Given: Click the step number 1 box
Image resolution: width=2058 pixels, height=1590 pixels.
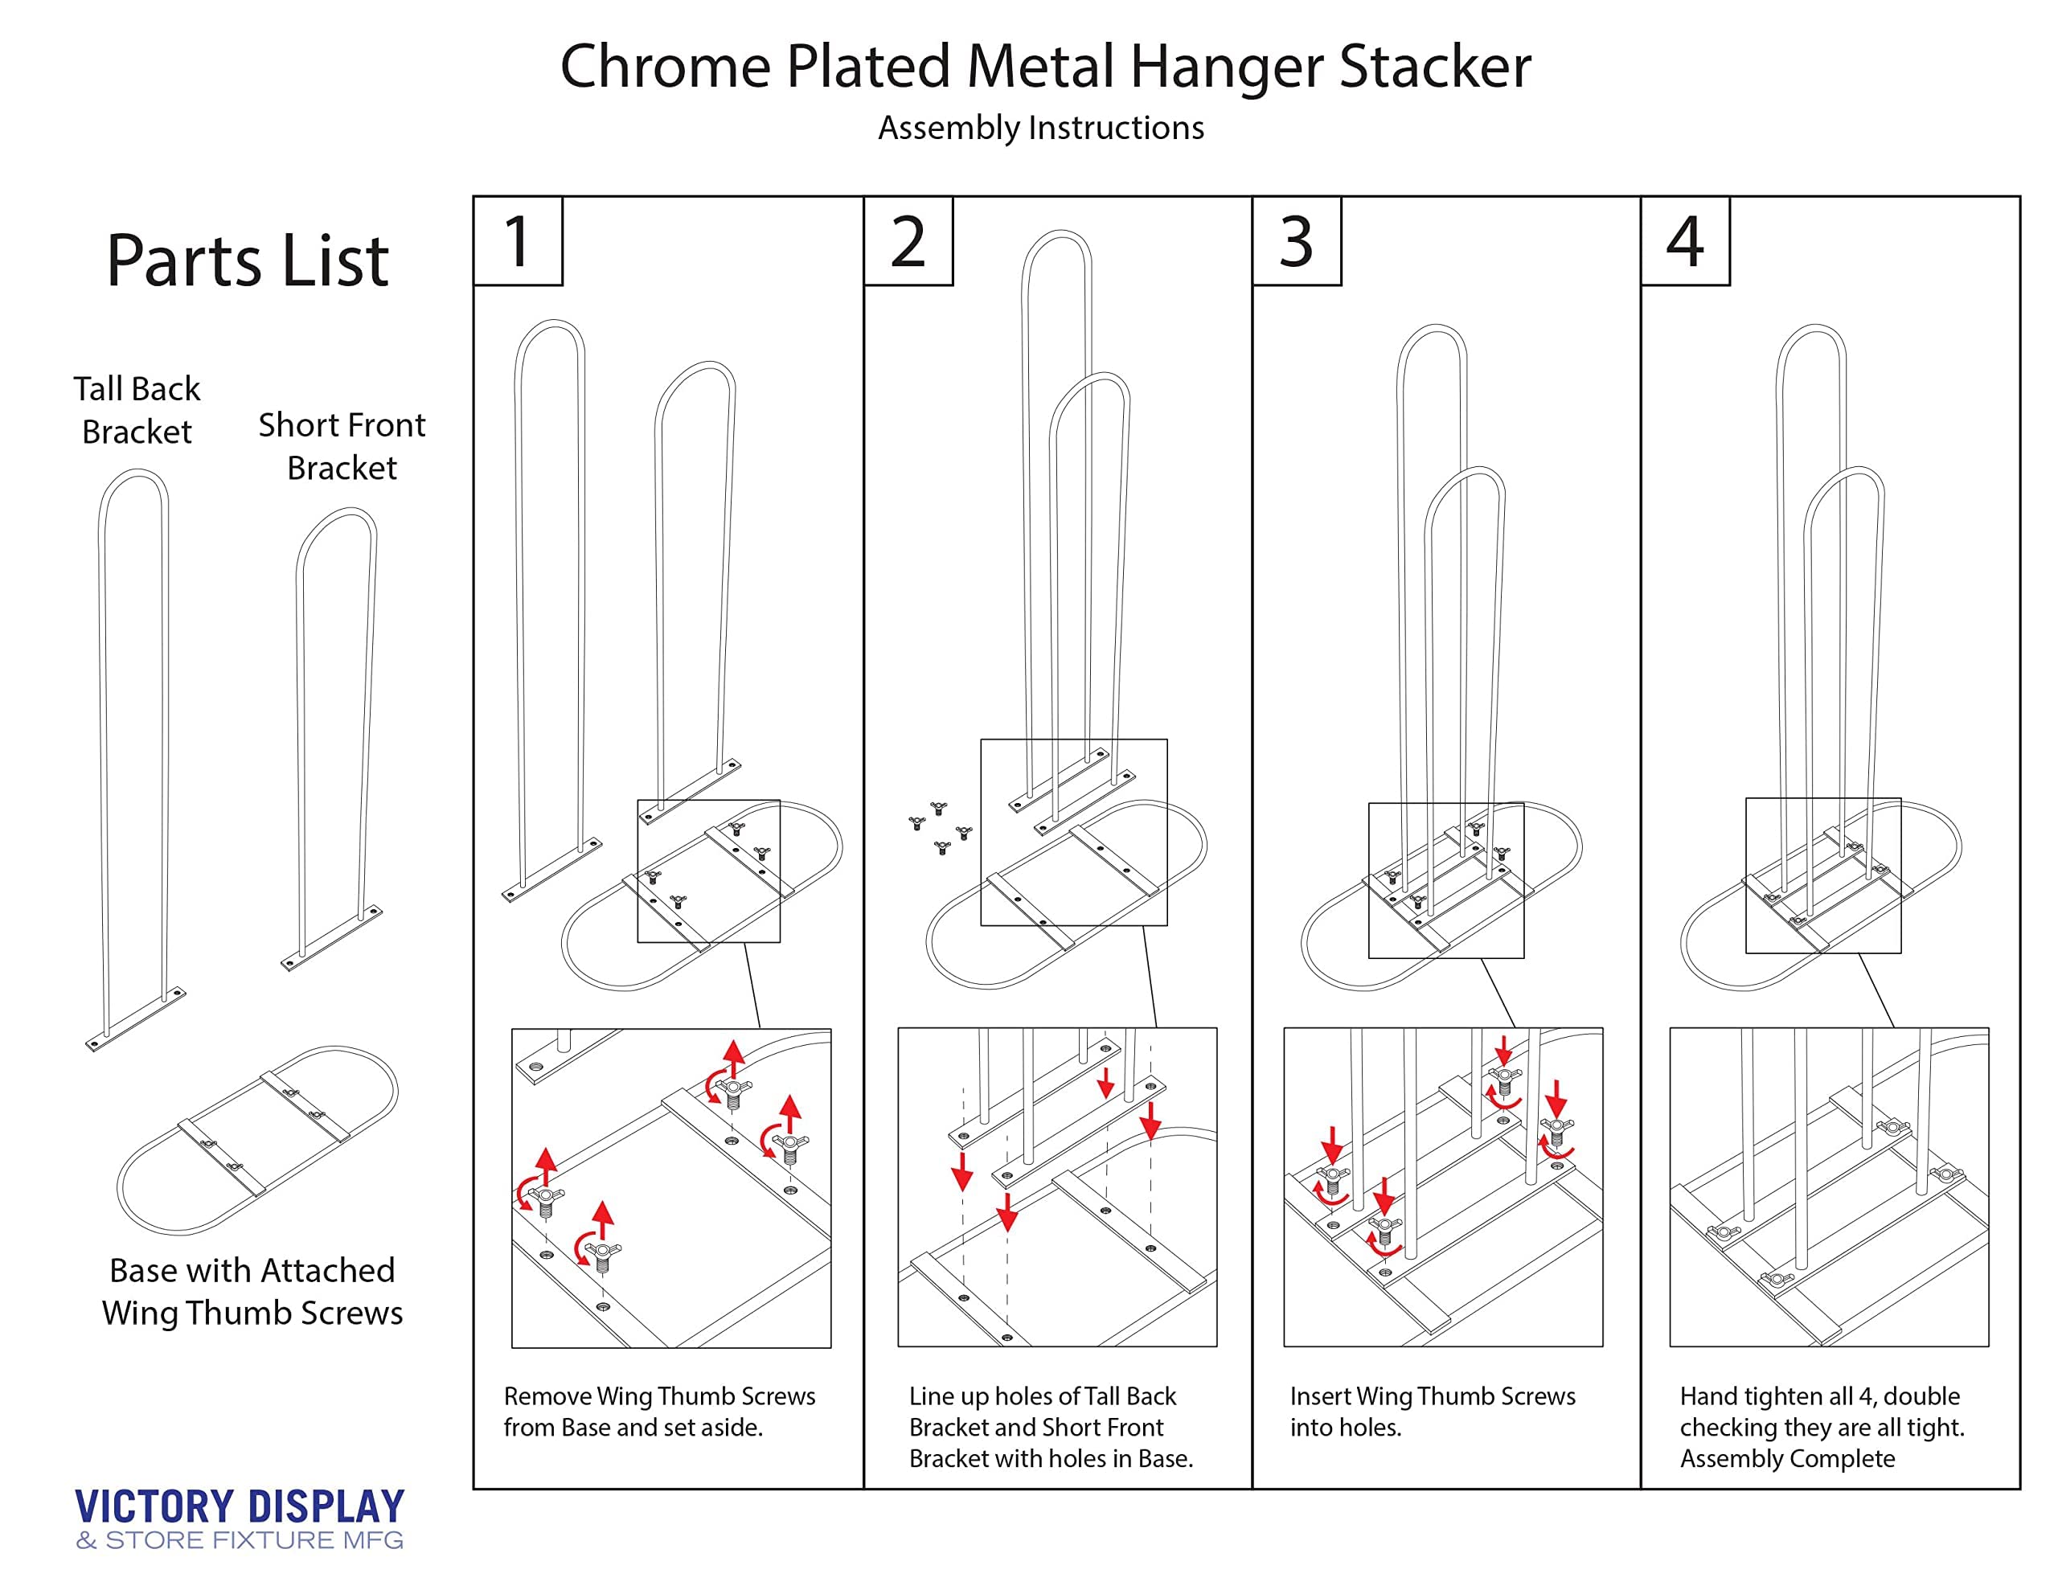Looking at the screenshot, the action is point(518,240).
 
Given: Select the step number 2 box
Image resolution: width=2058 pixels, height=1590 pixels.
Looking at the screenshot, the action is point(908,240).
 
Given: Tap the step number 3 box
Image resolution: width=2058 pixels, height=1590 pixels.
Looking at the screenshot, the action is point(1297,240).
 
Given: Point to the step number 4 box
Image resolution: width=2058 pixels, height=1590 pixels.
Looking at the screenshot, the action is point(1685,240).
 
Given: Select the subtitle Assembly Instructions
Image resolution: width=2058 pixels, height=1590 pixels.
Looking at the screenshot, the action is point(1041,128).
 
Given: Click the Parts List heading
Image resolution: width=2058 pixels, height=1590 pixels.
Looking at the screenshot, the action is point(248,260).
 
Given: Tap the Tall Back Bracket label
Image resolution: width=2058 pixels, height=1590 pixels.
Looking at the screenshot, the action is point(137,410).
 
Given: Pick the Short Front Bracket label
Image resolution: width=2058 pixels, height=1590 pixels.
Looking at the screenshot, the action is point(342,446).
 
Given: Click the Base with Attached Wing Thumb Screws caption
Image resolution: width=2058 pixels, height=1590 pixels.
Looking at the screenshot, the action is point(252,1291).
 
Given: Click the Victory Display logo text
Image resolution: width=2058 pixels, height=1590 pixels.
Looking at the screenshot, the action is point(240,1506).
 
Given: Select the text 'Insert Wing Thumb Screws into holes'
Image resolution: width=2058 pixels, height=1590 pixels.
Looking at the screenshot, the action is point(1433,1411).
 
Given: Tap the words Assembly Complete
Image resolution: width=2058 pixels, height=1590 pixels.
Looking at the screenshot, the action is point(1788,1458).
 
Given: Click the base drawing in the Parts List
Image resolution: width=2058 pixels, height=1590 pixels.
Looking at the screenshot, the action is point(257,1141).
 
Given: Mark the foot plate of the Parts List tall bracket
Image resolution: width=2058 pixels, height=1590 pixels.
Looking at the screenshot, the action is point(137,1018).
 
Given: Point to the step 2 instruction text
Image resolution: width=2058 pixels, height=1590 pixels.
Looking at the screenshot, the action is point(1051,1427).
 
